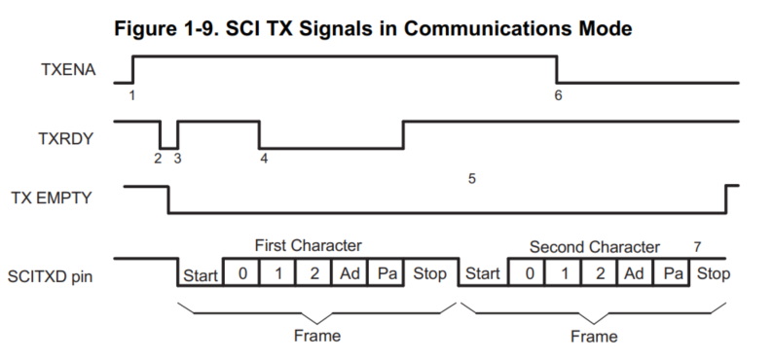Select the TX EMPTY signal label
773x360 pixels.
pyautogui.click(x=56, y=198)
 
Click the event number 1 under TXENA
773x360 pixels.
pyautogui.click(x=131, y=95)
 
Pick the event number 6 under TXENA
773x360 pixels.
pyautogui.click(x=558, y=95)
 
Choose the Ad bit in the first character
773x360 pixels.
pyautogui.click(x=350, y=273)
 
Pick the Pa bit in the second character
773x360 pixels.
pyautogui.click(x=671, y=273)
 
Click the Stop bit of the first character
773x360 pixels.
pyautogui.click(x=429, y=273)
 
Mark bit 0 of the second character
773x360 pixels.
pyautogui.click(x=529, y=273)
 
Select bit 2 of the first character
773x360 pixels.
pyautogui.click(x=313, y=273)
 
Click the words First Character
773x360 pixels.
pyautogui.click(x=308, y=246)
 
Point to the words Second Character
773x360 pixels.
pyautogui.click(x=594, y=246)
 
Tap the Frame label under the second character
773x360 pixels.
pyautogui.click(x=593, y=337)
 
